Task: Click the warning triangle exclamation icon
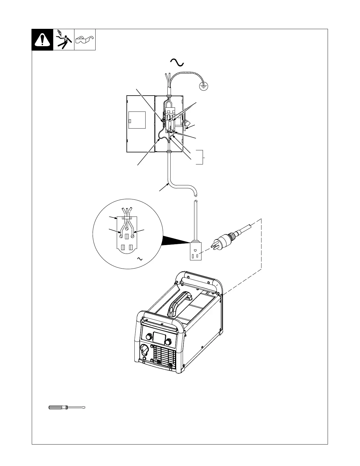tap(42, 40)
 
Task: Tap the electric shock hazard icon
tap(64, 40)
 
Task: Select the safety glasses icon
tap(85, 39)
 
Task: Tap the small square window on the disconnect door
tap(130, 122)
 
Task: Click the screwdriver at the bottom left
tap(67, 407)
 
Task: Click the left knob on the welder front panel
tap(149, 336)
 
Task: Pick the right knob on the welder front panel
tap(168, 342)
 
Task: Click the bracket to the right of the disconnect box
tap(202, 157)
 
